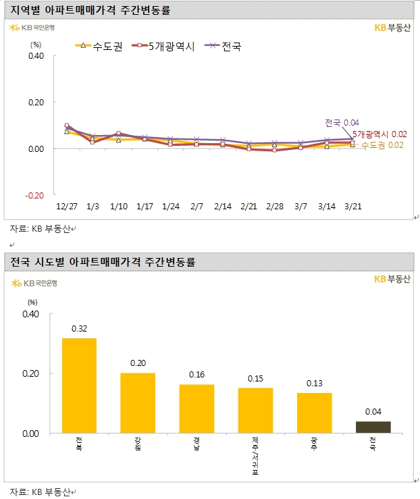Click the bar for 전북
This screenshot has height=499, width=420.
79,386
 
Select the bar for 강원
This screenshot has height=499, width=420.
138,402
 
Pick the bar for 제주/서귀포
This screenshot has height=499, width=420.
255,410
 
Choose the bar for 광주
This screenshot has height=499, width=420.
314,413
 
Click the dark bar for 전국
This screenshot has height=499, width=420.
373,427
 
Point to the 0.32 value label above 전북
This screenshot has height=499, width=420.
79,328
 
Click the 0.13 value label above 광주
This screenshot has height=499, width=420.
314,384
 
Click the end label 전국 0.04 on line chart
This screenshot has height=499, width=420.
341,123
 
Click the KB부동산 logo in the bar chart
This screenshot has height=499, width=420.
391,279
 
